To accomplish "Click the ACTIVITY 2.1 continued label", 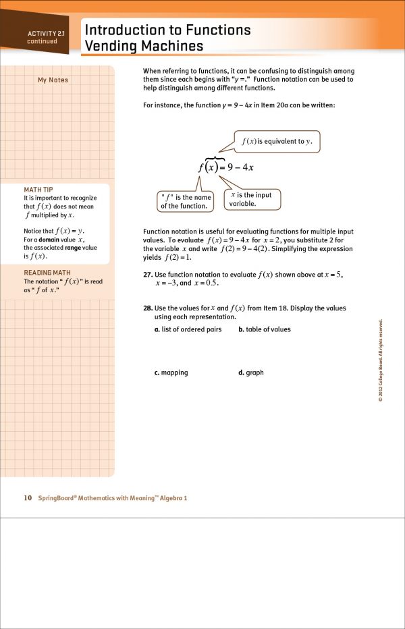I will click(43, 37).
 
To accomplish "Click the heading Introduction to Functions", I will click(167, 30).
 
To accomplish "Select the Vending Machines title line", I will click(143, 46).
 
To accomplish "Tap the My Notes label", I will click(53, 80).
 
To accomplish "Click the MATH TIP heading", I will click(38, 190).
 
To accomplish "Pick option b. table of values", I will click(265, 329).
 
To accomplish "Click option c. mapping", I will click(171, 373).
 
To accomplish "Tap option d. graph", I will click(251, 373).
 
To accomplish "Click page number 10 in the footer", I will click(28, 498).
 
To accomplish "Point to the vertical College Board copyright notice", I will click(381, 361).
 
